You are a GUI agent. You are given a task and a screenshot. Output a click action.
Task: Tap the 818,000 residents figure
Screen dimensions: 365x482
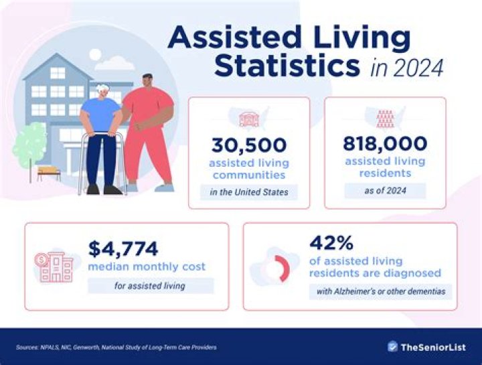click(385, 143)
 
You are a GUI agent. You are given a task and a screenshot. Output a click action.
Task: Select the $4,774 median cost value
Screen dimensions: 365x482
click(123, 248)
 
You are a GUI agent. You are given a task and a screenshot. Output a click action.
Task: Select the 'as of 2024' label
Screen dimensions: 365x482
click(385, 190)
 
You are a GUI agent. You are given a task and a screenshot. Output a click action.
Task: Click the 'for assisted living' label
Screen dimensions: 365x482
click(151, 286)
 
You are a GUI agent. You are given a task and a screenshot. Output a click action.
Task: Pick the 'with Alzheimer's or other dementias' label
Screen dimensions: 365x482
click(380, 291)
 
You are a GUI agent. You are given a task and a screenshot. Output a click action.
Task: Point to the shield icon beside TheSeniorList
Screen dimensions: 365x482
click(393, 346)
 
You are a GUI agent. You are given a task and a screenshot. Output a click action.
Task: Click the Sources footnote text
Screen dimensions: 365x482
click(116, 347)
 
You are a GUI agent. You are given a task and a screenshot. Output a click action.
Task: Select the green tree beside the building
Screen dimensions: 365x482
click(28, 145)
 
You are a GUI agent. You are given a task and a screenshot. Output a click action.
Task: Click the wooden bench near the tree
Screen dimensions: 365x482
click(48, 173)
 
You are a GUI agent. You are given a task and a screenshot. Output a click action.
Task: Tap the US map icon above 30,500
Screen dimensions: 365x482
click(249, 118)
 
